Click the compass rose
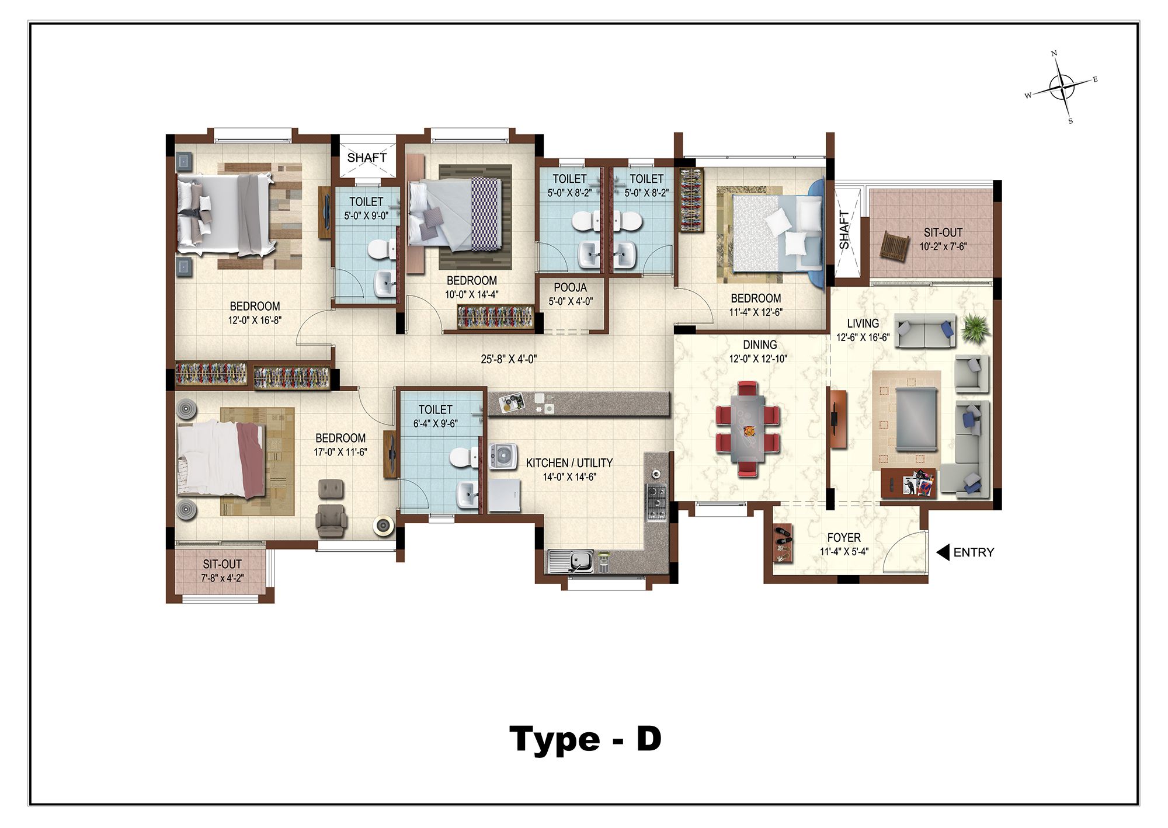(x=1062, y=88)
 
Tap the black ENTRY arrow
(x=943, y=552)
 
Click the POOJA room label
(x=571, y=287)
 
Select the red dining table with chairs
(x=748, y=430)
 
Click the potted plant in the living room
(x=976, y=328)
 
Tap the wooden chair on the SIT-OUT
(x=895, y=246)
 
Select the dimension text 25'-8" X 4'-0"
(x=509, y=359)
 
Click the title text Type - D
(x=586, y=740)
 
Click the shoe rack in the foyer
(x=783, y=544)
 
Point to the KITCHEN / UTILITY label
(x=569, y=463)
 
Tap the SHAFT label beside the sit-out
(x=844, y=230)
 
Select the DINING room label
(x=760, y=345)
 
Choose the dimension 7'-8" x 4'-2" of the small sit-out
(x=223, y=578)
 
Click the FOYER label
(x=844, y=538)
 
